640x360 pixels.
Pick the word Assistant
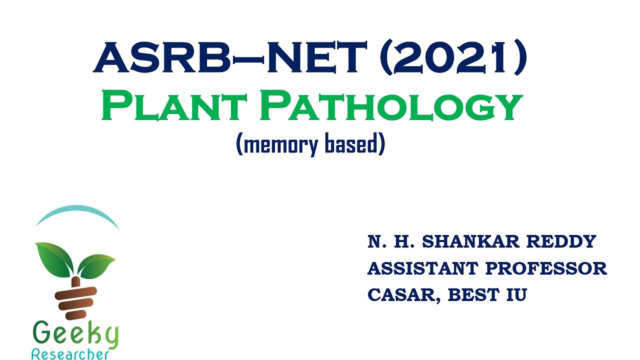coord(422,268)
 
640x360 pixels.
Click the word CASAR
coord(403,295)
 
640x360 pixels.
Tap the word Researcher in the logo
coord(70,354)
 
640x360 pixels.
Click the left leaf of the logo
coord(54,258)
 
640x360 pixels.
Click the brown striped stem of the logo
coord(75,297)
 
